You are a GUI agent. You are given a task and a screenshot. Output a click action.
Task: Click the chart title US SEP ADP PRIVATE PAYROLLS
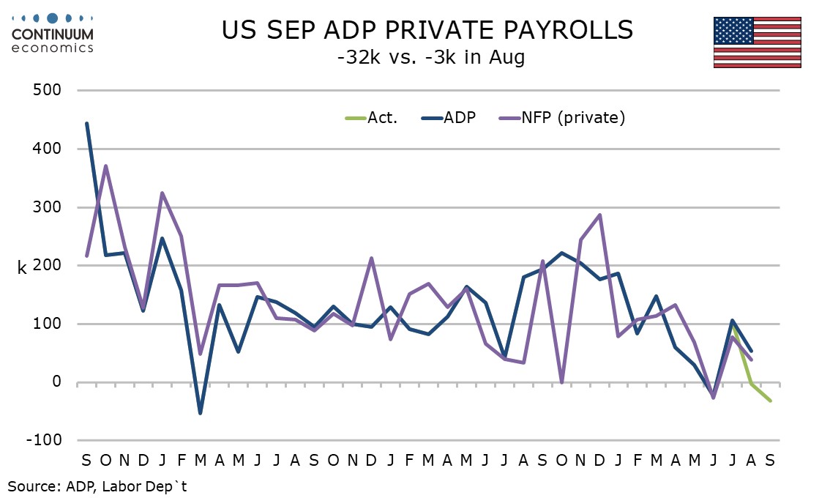pyautogui.click(x=428, y=31)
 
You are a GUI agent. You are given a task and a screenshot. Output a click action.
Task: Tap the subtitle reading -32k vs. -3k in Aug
pyautogui.click(x=431, y=57)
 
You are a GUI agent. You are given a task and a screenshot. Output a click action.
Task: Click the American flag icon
pyautogui.click(x=757, y=42)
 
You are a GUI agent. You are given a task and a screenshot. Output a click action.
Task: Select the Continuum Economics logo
pyautogui.click(x=53, y=33)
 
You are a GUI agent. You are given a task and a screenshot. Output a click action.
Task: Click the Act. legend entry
pyautogui.click(x=373, y=117)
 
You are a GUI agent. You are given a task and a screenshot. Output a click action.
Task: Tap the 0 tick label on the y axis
pyautogui.click(x=56, y=382)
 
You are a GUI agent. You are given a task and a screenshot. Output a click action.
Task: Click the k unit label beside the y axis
pyautogui.click(x=22, y=267)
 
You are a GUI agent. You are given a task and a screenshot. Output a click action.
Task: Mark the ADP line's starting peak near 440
pyautogui.click(x=86, y=124)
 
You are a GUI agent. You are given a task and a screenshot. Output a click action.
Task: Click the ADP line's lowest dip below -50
pyautogui.click(x=200, y=413)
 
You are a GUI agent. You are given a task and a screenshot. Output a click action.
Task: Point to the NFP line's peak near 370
pyautogui.click(x=105, y=166)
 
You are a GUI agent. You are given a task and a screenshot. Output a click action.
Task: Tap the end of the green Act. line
pyautogui.click(x=770, y=401)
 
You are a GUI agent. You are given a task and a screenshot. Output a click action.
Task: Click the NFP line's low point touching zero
pyautogui.click(x=561, y=382)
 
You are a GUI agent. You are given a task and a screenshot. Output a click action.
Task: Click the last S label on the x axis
pyautogui.click(x=770, y=460)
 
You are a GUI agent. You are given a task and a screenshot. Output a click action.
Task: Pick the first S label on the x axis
pyautogui.click(x=86, y=460)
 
